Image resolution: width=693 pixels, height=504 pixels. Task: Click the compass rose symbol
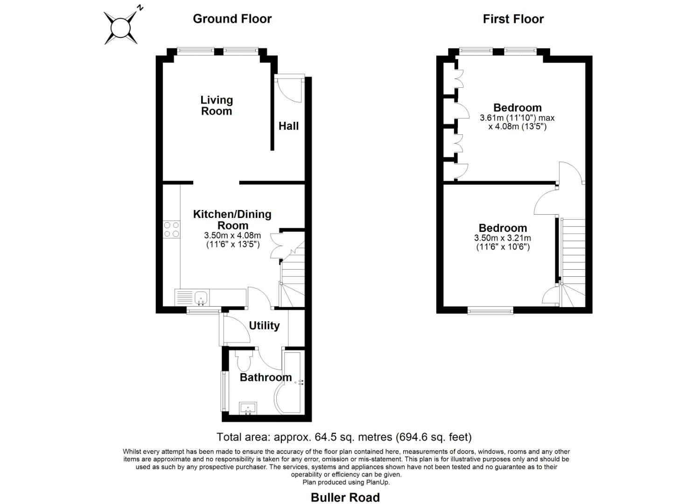point(121,27)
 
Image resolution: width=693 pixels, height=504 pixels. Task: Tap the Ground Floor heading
point(232,19)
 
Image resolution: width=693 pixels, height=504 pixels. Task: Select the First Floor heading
point(513,19)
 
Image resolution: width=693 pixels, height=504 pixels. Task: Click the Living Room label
point(217,105)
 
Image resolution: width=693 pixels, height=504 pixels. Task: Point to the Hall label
point(288,126)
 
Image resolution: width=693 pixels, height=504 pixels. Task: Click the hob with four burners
point(171,229)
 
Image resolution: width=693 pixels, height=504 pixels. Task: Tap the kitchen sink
point(202,296)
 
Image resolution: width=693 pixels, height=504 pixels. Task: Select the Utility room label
point(264,326)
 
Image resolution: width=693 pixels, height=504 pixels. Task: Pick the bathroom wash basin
point(247,408)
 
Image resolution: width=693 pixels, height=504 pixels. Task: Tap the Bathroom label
point(266,378)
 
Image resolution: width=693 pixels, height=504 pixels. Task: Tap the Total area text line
point(344,437)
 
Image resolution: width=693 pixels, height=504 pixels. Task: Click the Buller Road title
point(345,497)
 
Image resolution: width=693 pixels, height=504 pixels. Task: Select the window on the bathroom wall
point(223,391)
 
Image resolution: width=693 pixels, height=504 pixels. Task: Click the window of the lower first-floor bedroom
point(490,310)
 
